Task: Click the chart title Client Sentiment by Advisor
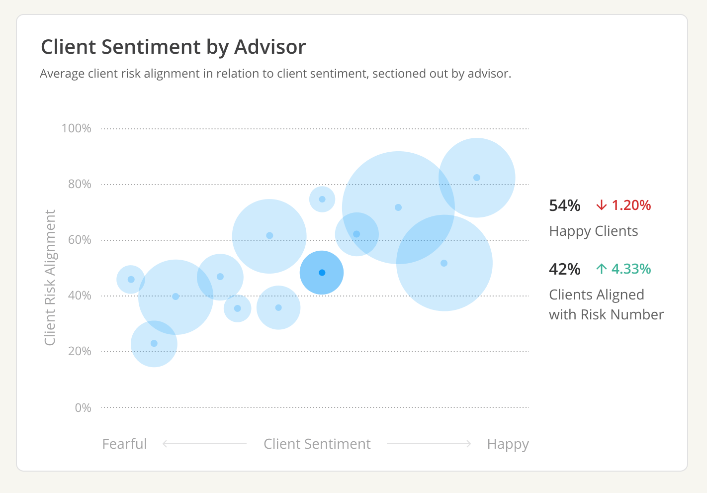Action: pos(173,47)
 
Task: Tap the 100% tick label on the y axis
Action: pos(76,128)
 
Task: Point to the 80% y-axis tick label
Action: pos(80,184)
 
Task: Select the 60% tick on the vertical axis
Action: pos(80,240)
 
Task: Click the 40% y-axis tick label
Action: pos(80,296)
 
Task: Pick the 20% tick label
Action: pos(80,351)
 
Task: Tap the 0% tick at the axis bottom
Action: pos(83,408)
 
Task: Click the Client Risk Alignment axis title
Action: pos(50,277)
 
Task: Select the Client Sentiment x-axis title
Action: pos(317,444)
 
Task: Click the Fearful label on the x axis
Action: pos(124,444)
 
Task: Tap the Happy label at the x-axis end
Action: pos(508,444)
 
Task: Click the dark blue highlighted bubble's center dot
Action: pos(322,273)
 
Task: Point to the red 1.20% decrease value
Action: pos(630,205)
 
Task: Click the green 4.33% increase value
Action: pos(630,269)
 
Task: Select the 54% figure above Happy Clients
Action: pos(564,205)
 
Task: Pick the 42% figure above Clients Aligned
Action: pos(564,269)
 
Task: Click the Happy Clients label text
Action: pos(593,231)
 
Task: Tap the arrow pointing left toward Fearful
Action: pos(204,444)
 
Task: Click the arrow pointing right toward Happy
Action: pos(429,444)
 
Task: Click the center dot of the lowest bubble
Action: pos(154,343)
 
